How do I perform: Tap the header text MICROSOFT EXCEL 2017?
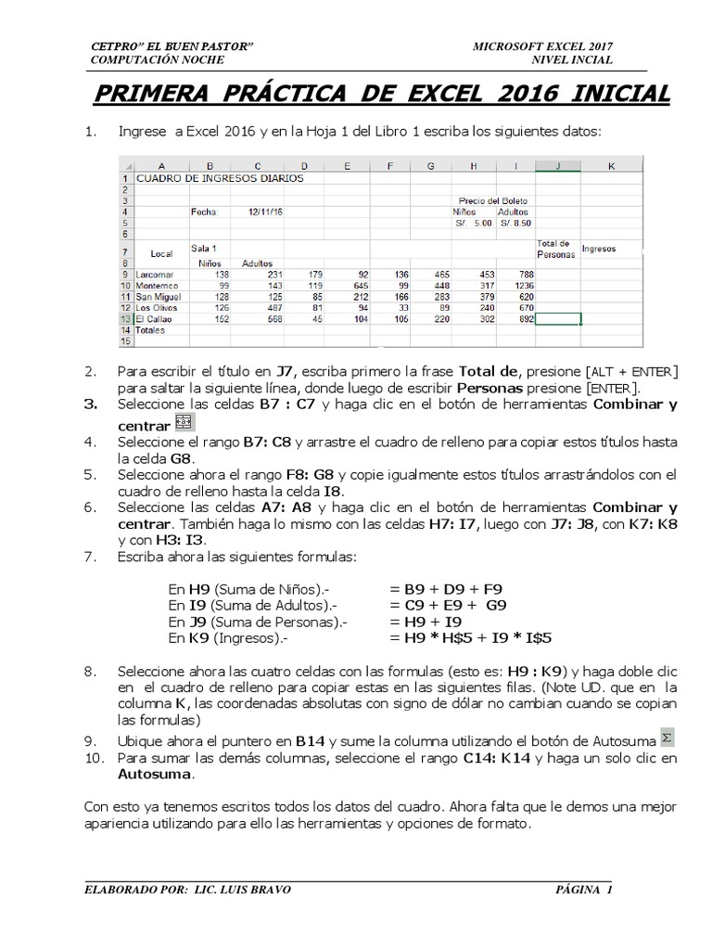pos(541,46)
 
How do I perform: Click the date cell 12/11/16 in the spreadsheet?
pos(266,212)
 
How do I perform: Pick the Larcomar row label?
pos(154,275)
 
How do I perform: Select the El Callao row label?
pos(154,317)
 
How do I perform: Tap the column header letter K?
pos(611,166)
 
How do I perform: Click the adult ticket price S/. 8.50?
pos(515,223)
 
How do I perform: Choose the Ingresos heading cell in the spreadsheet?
pos(599,249)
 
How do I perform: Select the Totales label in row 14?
pos(151,329)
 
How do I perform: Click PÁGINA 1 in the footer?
pos(584,890)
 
